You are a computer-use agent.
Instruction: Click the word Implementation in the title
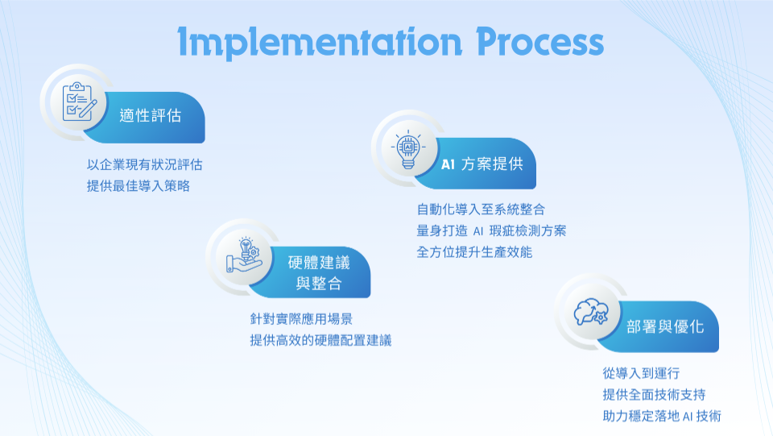(x=320, y=43)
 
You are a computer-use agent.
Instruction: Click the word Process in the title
(x=539, y=41)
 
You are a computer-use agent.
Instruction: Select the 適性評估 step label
(x=151, y=115)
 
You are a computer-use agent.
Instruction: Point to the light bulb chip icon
(x=408, y=149)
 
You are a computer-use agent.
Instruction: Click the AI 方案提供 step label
(x=482, y=164)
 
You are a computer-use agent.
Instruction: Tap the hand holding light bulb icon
(x=243, y=255)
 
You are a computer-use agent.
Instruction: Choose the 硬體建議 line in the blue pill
(x=319, y=263)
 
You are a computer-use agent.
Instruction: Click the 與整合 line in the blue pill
(x=319, y=283)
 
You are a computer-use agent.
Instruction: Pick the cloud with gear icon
(x=591, y=312)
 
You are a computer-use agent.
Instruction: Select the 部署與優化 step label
(x=665, y=326)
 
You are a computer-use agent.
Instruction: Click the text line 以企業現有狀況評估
(x=145, y=164)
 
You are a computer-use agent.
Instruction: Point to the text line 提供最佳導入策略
(x=138, y=186)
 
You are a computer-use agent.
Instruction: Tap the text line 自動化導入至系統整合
(x=481, y=210)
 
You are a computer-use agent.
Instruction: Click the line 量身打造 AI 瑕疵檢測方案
(x=491, y=230)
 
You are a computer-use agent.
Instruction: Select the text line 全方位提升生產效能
(x=474, y=252)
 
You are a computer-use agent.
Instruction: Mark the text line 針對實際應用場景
(x=301, y=319)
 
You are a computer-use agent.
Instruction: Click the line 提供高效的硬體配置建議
(x=320, y=340)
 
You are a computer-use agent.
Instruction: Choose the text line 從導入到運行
(x=641, y=373)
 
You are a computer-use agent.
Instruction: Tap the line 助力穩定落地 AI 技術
(x=662, y=417)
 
